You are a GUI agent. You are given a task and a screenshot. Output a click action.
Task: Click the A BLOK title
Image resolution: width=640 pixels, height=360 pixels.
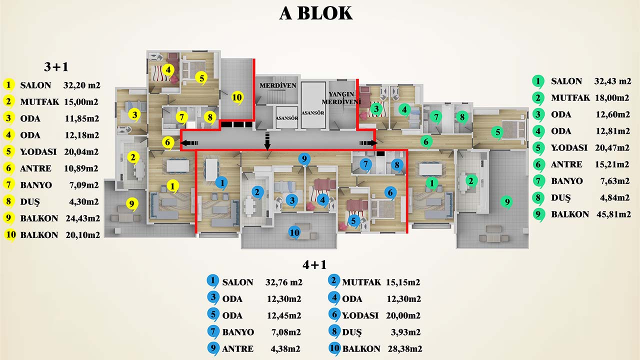315,14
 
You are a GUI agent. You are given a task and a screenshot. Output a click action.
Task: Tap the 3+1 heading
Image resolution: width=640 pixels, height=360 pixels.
56,67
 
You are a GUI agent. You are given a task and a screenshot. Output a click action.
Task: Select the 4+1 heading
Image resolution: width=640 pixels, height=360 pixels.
314,265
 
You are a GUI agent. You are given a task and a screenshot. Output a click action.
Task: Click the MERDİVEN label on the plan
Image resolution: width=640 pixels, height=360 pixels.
278,86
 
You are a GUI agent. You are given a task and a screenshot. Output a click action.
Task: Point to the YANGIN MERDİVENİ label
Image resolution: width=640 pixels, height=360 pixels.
341,97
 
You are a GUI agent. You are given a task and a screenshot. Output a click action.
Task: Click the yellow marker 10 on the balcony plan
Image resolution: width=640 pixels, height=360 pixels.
237,97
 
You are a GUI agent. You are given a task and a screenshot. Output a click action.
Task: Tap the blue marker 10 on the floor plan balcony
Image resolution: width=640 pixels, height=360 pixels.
294,231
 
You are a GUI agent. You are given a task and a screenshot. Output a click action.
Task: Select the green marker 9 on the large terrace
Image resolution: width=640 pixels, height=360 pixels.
507,201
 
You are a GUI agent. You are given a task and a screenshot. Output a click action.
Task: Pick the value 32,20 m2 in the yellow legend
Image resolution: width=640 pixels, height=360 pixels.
82,85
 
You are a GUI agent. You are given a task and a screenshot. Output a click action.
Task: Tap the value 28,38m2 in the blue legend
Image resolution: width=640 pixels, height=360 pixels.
403,349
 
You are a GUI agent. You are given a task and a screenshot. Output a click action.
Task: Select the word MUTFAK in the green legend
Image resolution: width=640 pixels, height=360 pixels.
566,98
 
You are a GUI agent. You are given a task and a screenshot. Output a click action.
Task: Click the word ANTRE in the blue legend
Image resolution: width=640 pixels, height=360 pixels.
237,349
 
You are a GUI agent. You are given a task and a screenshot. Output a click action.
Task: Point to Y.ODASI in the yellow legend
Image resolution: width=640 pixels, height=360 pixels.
38,152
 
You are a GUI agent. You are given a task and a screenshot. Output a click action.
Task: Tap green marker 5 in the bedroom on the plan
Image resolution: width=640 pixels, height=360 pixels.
496,132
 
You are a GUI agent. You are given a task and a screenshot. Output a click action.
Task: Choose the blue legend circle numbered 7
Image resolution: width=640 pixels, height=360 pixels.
213,331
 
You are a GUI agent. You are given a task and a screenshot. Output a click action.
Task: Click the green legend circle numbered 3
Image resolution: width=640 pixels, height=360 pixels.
538,114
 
